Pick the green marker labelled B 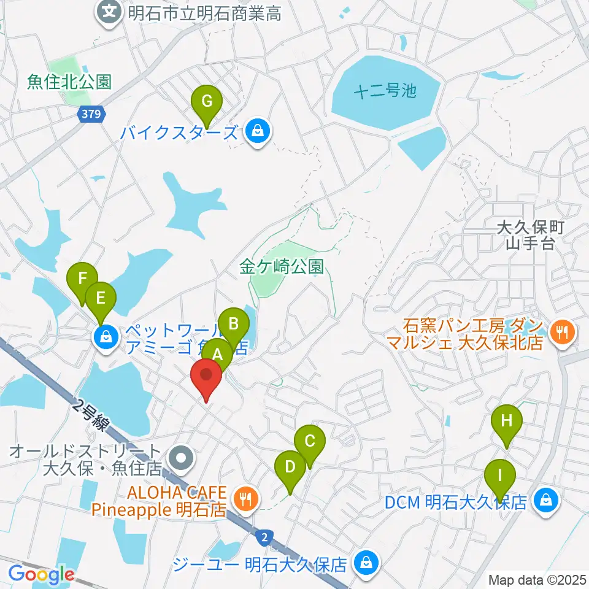click(233, 324)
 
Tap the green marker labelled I click(500, 476)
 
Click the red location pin click(207, 377)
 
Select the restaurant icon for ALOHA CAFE click(246, 498)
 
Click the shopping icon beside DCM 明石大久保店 click(545, 501)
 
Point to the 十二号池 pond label click(385, 92)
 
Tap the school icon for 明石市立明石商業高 click(110, 12)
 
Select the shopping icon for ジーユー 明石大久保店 click(367, 561)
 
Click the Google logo click(41, 575)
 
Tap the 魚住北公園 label click(69, 82)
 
